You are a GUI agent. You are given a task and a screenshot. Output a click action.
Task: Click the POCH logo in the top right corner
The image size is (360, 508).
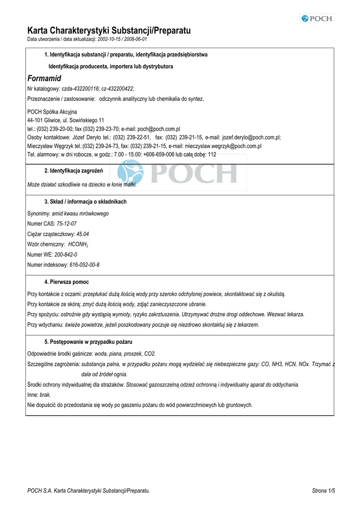[317, 19]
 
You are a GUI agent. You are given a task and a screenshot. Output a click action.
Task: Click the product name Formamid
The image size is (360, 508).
[44, 78]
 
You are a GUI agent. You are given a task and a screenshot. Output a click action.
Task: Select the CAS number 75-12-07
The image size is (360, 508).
[67, 224]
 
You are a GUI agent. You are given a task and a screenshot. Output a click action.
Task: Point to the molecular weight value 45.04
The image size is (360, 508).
[82, 234]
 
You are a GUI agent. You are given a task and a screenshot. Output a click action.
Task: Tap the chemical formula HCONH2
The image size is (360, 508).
[78, 245]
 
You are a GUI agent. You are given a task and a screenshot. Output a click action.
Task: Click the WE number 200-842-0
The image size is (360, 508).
[66, 254]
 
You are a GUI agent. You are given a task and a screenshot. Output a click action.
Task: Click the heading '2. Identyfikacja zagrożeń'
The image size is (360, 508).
[73, 171]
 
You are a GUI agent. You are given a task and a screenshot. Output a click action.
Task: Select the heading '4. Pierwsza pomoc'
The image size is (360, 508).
[67, 282]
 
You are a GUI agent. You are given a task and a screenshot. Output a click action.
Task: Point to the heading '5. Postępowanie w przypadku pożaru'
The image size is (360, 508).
[88, 342]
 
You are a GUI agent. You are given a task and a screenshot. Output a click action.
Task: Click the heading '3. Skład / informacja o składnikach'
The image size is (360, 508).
[85, 202]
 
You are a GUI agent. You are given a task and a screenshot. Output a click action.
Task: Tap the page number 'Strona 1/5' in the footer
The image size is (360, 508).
[323, 491]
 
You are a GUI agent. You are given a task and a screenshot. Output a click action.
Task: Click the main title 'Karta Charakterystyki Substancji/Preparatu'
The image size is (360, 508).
[109, 31]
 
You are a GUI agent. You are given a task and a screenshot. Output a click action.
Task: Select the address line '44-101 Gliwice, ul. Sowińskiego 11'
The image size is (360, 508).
[66, 120]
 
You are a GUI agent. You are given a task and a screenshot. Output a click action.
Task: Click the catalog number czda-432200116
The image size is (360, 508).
[80, 89]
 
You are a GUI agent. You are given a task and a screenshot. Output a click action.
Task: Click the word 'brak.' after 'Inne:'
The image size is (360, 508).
[45, 395]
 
